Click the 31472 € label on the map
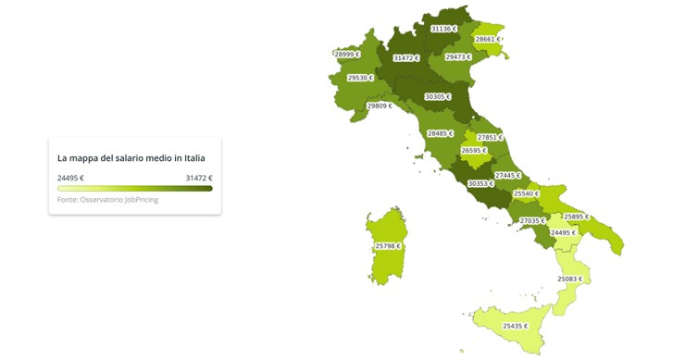(405, 58)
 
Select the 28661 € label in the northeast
(488, 40)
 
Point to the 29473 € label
(457, 57)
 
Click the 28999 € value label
(347, 55)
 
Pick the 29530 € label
(360, 79)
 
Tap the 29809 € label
(380, 106)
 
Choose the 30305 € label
(437, 97)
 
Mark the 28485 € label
(440, 133)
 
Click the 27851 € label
(490, 138)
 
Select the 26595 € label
(473, 151)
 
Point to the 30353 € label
(480, 183)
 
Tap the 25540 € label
(526, 194)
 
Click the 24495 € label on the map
(563, 233)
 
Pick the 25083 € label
(569, 279)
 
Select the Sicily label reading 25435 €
(515, 326)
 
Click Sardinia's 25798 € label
(388, 246)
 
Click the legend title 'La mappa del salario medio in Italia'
(131, 158)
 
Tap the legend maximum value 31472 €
(198, 178)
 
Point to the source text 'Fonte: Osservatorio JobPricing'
(107, 200)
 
